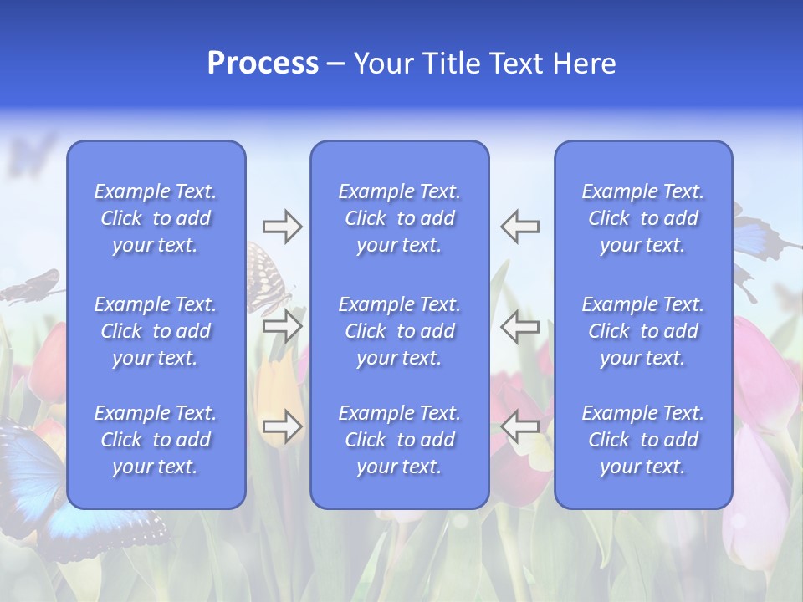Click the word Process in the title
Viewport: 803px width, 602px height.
point(263,64)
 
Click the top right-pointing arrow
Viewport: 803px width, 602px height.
point(282,227)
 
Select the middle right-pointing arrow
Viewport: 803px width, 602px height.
point(282,326)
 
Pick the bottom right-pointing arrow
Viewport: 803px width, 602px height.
point(282,426)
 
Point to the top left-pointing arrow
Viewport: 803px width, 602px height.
point(519,227)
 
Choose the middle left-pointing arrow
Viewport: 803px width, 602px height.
point(519,326)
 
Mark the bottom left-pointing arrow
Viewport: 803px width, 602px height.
point(519,426)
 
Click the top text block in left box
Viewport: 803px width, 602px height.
point(156,218)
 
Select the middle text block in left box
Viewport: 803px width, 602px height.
point(156,331)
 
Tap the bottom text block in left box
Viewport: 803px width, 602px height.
point(156,440)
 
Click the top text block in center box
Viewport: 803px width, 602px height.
point(399,218)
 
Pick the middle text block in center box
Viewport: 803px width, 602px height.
point(399,331)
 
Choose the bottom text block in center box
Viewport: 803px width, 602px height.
point(399,440)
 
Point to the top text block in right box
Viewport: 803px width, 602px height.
point(642,218)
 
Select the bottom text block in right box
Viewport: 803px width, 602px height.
point(642,440)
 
